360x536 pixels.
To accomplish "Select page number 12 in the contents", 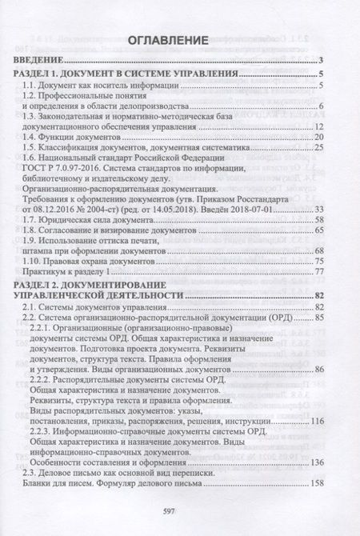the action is [317, 127].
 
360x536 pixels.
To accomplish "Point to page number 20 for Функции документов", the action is [317, 138].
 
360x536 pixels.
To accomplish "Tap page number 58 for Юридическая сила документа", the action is [317, 219].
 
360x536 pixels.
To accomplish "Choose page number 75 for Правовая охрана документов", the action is [317, 262].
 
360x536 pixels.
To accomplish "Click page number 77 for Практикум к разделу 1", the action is [317, 273].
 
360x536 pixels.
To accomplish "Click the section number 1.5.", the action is [30, 149].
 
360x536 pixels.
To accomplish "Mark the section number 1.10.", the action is [33, 262].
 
